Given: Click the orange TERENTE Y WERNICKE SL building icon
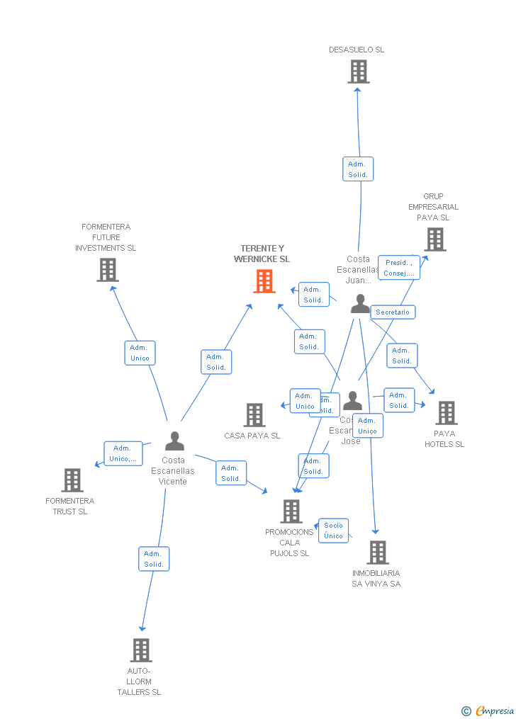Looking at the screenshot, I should pyautogui.click(x=264, y=281).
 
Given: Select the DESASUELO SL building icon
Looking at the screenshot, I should pyautogui.click(x=359, y=72).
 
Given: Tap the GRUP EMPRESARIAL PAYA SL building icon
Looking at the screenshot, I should pyautogui.click(x=435, y=239).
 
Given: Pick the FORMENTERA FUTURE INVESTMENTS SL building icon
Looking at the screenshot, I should pyautogui.click(x=108, y=270).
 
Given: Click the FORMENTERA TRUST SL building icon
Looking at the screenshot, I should pyautogui.click(x=72, y=480).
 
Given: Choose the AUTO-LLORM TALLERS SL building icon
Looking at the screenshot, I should pyautogui.click(x=141, y=650).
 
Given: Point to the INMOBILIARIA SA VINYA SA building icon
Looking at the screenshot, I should pyautogui.click(x=378, y=553).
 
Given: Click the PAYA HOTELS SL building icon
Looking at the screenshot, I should pyautogui.click(x=447, y=413).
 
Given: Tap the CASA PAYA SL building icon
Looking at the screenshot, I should pyautogui.click(x=254, y=415).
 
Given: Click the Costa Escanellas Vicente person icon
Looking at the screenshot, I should pyautogui.click(x=174, y=441).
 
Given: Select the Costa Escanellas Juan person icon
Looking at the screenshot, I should pyautogui.click(x=360, y=304).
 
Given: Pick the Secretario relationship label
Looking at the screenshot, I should pyautogui.click(x=393, y=312).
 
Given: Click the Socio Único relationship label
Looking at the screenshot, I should pyautogui.click(x=333, y=531).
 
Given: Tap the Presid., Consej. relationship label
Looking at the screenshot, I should pyautogui.click(x=398, y=268).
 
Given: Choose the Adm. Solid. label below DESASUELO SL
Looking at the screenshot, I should pyautogui.click(x=358, y=169).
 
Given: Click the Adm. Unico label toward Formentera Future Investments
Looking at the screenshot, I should pyautogui.click(x=140, y=353).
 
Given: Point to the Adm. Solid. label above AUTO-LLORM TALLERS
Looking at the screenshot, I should pyautogui.click(x=154, y=559).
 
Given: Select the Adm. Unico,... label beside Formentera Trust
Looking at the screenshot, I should pyautogui.click(x=123, y=453).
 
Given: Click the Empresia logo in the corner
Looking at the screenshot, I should pyautogui.click(x=488, y=710).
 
